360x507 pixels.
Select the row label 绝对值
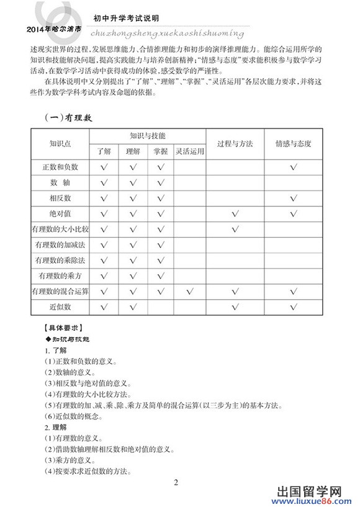(60, 213)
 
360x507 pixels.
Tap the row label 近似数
(60, 306)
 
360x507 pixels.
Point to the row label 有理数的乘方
(60, 275)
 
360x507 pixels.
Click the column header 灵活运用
(189, 150)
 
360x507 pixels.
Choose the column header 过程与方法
(235, 143)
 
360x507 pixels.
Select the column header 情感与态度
(293, 143)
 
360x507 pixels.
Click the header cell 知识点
(60, 143)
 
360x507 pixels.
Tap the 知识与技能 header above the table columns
(148, 135)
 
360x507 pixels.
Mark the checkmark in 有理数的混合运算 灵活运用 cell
(189, 290)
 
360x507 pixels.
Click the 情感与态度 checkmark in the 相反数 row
(293, 198)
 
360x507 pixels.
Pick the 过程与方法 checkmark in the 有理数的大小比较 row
(235, 229)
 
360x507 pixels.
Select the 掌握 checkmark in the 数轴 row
(161, 182)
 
